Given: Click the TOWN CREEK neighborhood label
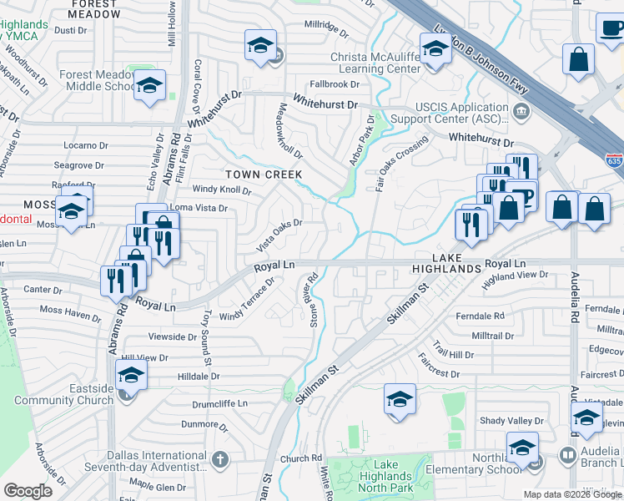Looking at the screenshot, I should click(x=263, y=174).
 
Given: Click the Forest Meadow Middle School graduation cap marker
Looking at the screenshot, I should click(x=150, y=86).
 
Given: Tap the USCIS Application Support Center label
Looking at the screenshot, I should click(x=461, y=113).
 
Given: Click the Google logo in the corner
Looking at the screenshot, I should click(x=28, y=491).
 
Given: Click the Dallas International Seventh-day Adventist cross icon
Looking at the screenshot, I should click(x=219, y=459).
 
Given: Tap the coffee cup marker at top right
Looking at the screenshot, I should click(x=612, y=28).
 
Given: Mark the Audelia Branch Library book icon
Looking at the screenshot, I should click(x=567, y=455).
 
